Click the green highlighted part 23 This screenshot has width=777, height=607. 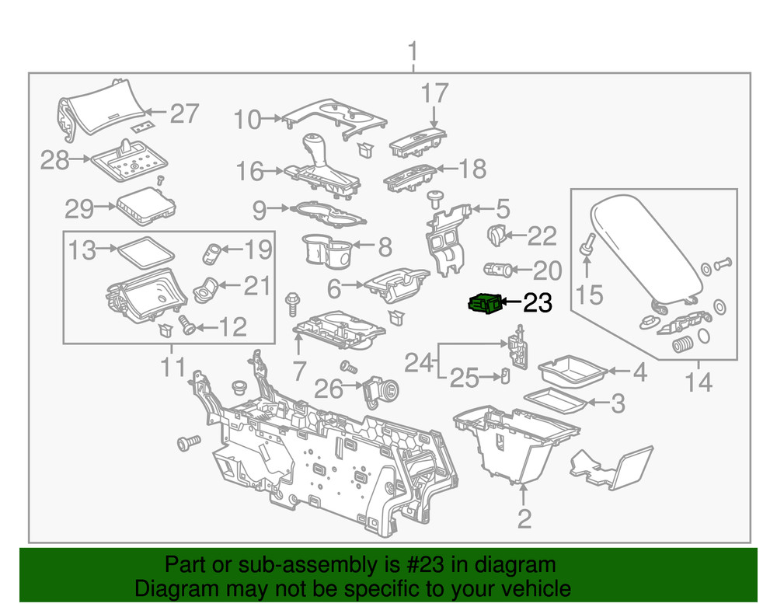483,304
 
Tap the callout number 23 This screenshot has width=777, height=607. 535,303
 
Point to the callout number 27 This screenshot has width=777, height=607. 184,113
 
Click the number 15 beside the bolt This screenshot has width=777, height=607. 588,295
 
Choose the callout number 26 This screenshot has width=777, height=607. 329,389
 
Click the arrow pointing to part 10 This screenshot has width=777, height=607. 273,119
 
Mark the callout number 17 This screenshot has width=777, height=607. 434,93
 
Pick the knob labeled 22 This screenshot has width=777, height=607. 495,232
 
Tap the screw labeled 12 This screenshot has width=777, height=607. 187,326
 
